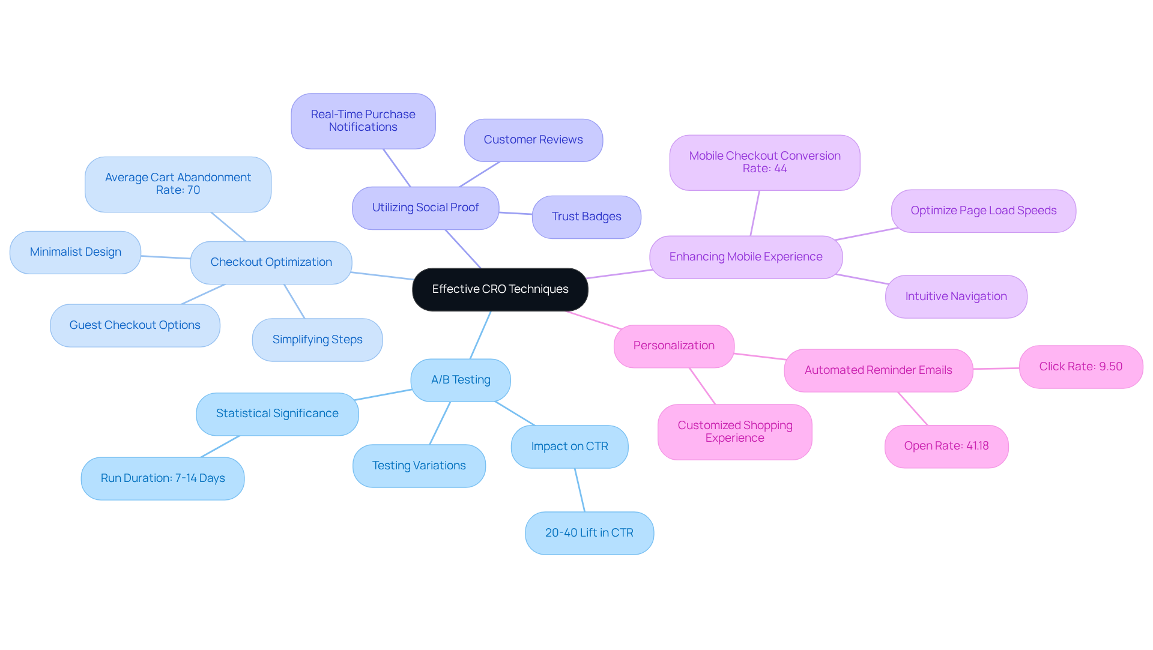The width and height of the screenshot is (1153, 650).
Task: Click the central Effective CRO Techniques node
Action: point(500,289)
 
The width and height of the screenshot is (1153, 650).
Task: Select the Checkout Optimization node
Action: point(271,262)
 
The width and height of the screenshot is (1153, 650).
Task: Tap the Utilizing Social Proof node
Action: point(425,208)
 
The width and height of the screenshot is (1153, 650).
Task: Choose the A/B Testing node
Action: point(461,380)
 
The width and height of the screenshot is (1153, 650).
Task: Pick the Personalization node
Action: point(674,346)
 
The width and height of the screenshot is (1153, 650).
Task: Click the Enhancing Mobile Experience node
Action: point(746,257)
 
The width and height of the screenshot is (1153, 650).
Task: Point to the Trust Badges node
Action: point(586,217)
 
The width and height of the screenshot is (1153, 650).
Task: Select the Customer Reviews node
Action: point(533,140)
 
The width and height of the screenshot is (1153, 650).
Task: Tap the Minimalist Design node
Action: point(76,252)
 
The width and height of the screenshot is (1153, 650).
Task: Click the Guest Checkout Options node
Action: point(135,325)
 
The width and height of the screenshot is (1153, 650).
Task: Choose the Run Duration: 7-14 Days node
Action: point(163,478)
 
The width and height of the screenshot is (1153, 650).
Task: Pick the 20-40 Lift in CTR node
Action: point(589,533)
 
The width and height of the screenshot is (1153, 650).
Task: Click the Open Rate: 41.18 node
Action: point(946,446)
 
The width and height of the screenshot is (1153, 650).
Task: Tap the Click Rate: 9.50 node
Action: point(1080,367)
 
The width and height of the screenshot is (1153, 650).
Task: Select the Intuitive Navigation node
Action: point(956,296)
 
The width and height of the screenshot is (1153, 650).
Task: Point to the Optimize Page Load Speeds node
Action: point(984,211)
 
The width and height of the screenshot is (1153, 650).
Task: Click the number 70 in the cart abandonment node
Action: point(193,190)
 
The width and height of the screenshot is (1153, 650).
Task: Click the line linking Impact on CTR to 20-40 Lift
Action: point(580,490)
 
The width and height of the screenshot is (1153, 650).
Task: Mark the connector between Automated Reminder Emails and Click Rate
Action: point(996,369)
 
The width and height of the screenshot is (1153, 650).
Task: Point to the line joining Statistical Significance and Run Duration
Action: point(220,447)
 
